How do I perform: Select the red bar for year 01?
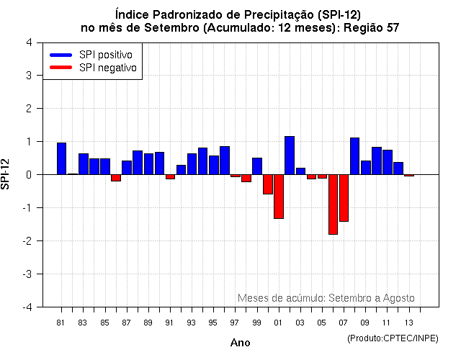(278, 197)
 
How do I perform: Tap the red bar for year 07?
(344, 198)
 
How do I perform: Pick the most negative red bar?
(333, 204)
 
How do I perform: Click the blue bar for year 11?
(387, 162)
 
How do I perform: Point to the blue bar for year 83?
(83, 164)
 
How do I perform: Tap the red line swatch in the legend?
(61, 68)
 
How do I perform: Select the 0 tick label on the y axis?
(28, 175)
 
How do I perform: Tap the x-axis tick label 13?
(408, 323)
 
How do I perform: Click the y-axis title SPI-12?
(6, 174)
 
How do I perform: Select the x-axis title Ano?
(240, 343)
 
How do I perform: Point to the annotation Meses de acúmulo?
(282, 298)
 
